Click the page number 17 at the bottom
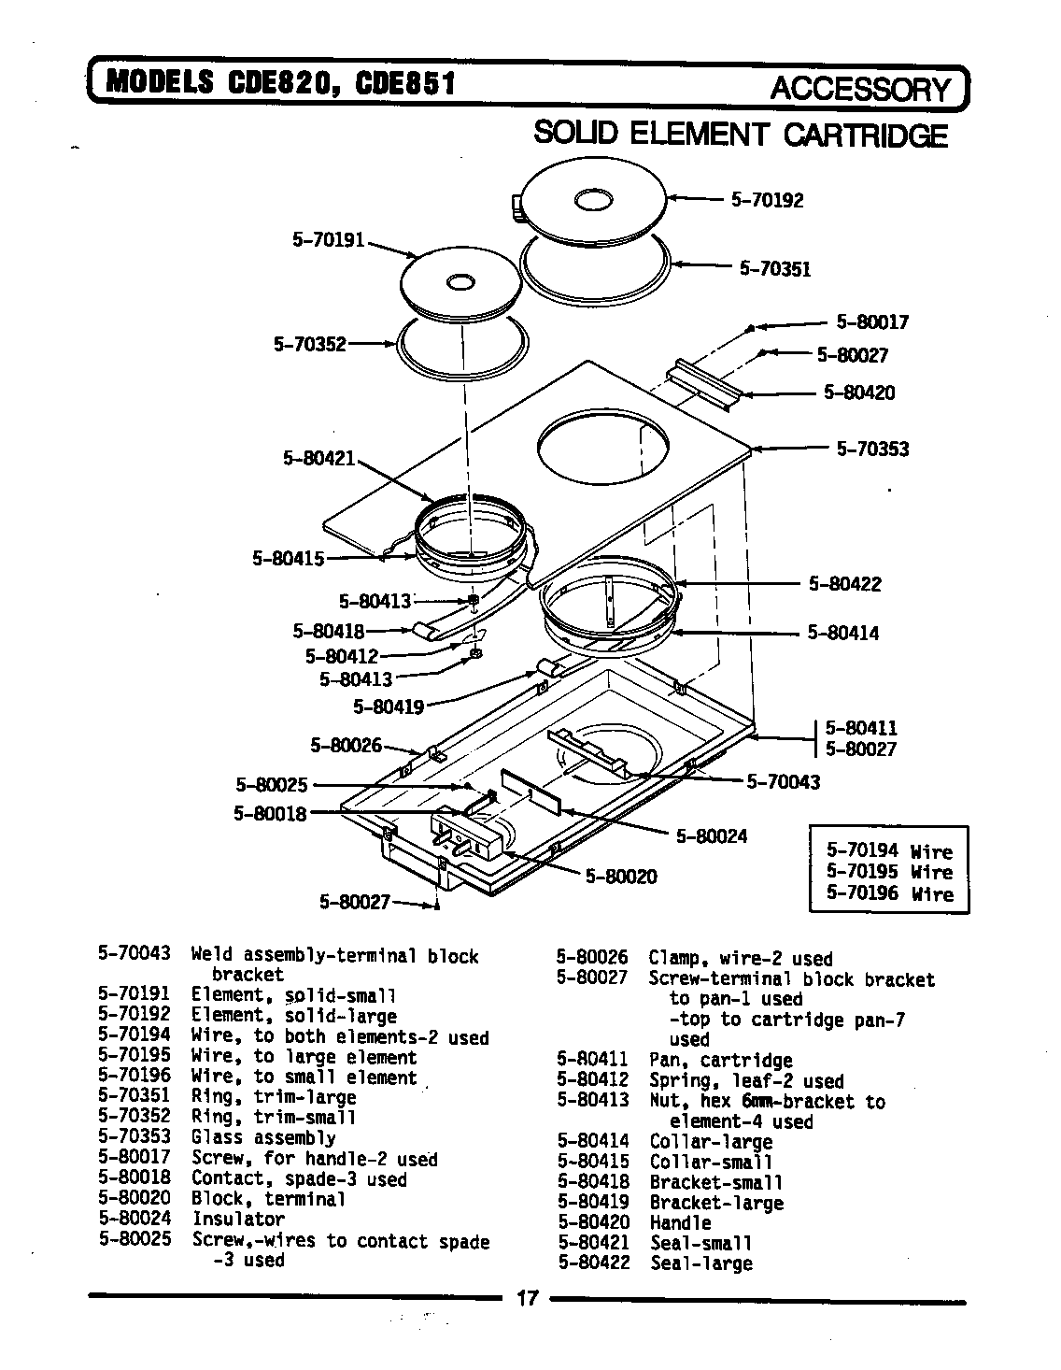pos(528,1299)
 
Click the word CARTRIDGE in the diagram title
pos(865,136)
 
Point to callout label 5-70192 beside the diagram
pos(767,200)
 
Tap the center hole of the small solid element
pos(460,281)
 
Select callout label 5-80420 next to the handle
pos(858,392)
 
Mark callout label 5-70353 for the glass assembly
pos(871,450)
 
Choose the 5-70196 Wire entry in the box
pos(889,894)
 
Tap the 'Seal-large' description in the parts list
pos(700,1264)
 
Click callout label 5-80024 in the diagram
pos(712,836)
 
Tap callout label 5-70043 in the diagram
pos(783,782)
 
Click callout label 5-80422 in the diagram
pos(844,585)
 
